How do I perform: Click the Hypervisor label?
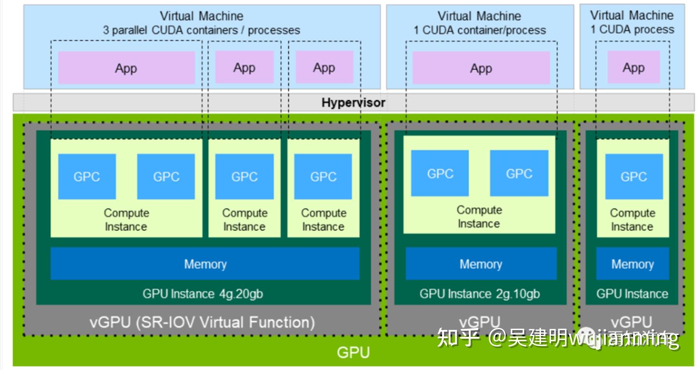pyautogui.click(x=353, y=102)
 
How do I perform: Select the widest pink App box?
pyautogui.click(x=126, y=68)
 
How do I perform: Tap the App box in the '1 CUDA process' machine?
pyautogui.click(x=633, y=67)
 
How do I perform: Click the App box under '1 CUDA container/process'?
pyautogui.click(x=481, y=68)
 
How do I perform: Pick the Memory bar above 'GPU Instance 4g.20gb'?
pyautogui.click(x=205, y=264)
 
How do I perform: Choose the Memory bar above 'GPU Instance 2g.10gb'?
pyautogui.click(x=481, y=264)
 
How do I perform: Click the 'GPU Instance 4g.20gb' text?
pyautogui.click(x=203, y=294)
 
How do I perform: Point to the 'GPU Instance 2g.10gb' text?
pyautogui.click(x=480, y=294)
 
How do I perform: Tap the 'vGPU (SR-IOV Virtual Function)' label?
pyautogui.click(x=202, y=322)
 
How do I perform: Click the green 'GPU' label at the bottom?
pyautogui.click(x=353, y=352)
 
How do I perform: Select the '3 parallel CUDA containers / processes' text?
pyautogui.click(x=201, y=30)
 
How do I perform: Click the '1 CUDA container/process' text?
pyautogui.click(x=480, y=30)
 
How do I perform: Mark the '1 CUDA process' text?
pyautogui.click(x=632, y=29)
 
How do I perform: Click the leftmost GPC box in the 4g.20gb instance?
pyautogui.click(x=87, y=177)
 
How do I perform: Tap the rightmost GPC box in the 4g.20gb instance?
pyautogui.click(x=323, y=177)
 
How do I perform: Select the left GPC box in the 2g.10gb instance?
pyautogui.click(x=440, y=173)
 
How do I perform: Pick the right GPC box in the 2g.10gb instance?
pyautogui.click(x=519, y=173)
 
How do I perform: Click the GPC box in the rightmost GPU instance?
pyautogui.click(x=634, y=177)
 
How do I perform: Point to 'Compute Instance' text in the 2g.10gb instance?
pyautogui.click(x=479, y=217)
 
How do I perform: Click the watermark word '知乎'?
pyautogui.click(x=458, y=338)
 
